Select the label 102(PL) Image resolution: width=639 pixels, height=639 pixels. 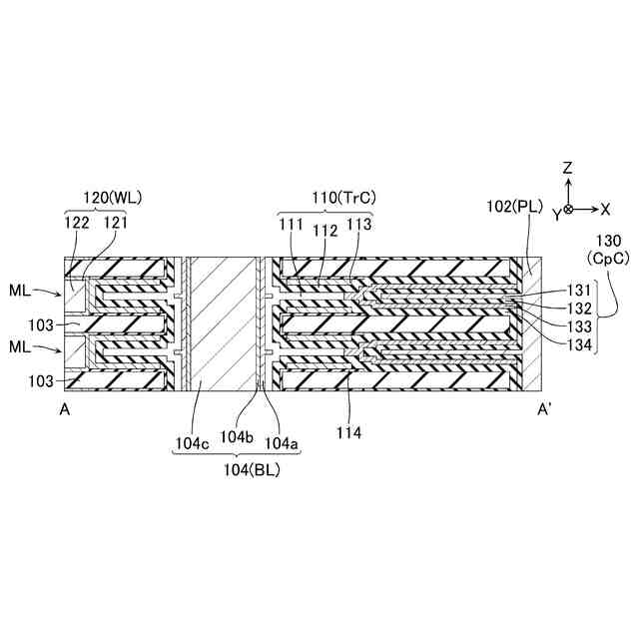pos(514,209)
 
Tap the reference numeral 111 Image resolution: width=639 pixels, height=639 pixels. pos(292,226)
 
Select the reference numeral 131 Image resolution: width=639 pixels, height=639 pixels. pos(580,291)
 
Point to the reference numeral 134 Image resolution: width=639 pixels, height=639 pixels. pos(580,344)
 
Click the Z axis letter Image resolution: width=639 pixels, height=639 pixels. pos(567,167)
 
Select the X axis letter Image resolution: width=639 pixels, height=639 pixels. pos(605,209)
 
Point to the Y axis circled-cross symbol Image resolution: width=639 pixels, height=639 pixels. pos(567,209)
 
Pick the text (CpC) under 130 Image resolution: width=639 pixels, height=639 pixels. pos(608,259)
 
